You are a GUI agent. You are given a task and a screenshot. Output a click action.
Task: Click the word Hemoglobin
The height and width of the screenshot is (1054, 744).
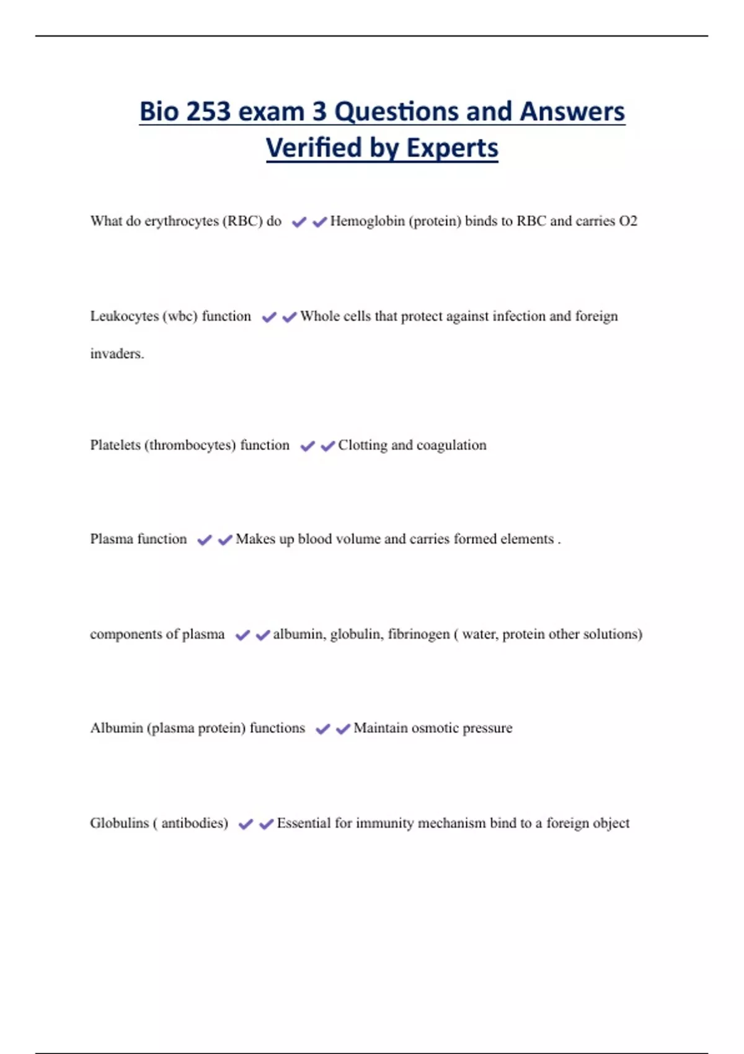pos(367,221)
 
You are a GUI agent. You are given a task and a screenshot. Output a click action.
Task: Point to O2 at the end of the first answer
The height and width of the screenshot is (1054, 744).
pos(628,221)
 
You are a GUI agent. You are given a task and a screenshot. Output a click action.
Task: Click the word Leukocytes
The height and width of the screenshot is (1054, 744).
pos(124,316)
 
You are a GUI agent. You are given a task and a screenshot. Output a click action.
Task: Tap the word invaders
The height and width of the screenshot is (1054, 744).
pos(117,354)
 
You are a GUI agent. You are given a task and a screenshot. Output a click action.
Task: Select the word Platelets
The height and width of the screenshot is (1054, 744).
pos(115,445)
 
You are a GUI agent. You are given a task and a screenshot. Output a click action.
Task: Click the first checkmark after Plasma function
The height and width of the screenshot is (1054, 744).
pos(204,540)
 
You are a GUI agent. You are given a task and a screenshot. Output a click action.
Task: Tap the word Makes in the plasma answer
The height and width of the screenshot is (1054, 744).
pos(255,539)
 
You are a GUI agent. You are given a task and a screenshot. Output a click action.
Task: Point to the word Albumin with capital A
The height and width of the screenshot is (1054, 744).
pos(116,728)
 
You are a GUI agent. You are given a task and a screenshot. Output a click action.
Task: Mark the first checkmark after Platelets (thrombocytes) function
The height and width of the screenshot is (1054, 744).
pos(307,446)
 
